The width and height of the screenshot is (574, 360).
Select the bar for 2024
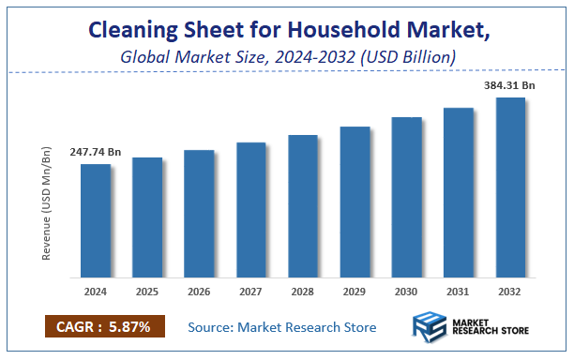pyautogui.click(x=96, y=220)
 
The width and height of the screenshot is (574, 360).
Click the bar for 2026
pyautogui.click(x=200, y=214)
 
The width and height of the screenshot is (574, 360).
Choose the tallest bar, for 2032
pyautogui.click(x=510, y=187)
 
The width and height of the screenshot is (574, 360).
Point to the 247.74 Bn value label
pyautogui.click(x=96, y=152)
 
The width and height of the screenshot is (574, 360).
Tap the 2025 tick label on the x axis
pyautogui.click(x=147, y=292)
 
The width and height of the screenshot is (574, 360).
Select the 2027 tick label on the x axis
pyautogui.click(x=251, y=292)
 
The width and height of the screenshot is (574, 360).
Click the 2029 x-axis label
pyautogui.click(x=355, y=292)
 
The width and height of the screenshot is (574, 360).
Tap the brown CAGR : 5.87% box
pyautogui.click(x=104, y=326)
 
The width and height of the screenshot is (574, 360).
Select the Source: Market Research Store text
pyautogui.click(x=281, y=327)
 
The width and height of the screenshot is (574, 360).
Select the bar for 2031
pyautogui.click(x=459, y=192)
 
